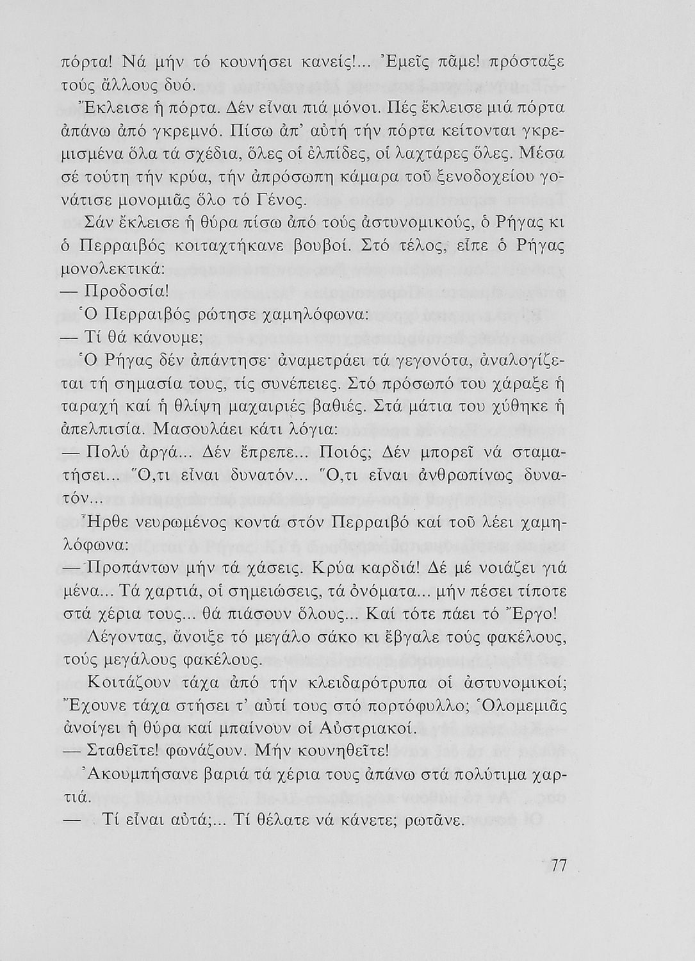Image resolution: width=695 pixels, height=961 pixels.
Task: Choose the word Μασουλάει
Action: pos(195,430)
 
